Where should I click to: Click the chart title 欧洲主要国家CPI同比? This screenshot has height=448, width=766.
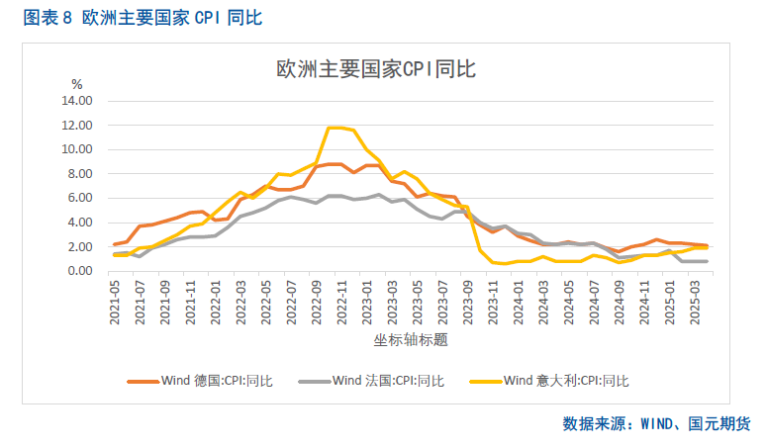376,69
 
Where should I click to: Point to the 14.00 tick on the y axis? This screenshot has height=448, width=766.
76,101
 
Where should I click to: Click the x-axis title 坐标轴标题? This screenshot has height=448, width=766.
411,340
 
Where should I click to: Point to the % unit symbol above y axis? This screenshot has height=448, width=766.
76,83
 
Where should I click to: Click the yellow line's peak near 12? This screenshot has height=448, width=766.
336,128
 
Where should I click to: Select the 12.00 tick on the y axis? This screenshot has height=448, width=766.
76,125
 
